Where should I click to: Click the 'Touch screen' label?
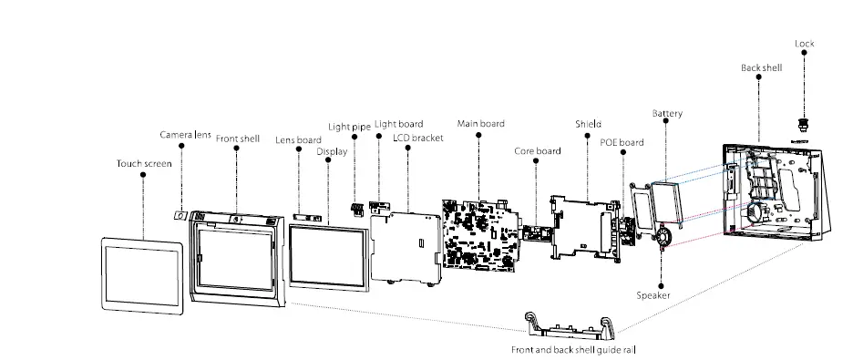tap(144, 164)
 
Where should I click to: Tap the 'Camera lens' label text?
tap(186, 135)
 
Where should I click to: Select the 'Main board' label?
tap(480, 123)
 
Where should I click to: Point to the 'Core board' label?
tap(537, 150)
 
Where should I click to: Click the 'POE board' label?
tap(622, 142)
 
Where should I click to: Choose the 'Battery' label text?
tap(667, 114)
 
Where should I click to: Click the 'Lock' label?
tap(804, 44)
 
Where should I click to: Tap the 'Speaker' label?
tap(653, 294)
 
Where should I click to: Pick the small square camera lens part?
tap(181, 215)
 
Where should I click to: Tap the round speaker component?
tap(663, 235)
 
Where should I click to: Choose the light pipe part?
tap(357, 209)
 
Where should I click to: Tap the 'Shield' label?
tap(588, 124)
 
